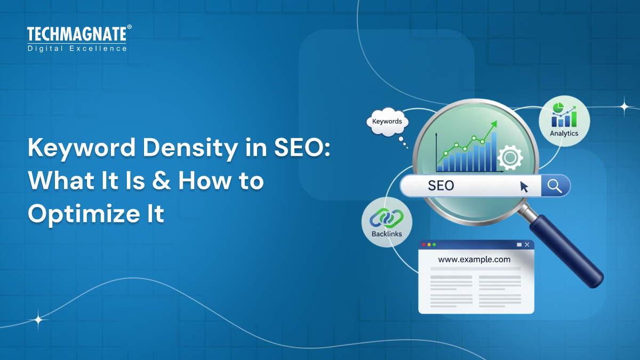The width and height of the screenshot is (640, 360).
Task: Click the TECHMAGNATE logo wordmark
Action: (77, 35)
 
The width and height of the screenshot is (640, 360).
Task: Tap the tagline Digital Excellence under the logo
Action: (77, 49)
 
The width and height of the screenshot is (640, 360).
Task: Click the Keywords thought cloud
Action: (387, 122)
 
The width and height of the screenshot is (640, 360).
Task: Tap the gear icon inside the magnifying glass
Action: (509, 157)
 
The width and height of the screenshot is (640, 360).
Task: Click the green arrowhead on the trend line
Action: (494, 124)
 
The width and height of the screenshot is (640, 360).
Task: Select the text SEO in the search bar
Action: (441, 186)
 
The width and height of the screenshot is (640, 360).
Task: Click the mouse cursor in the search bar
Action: (524, 186)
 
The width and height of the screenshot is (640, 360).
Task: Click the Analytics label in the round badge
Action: (564, 133)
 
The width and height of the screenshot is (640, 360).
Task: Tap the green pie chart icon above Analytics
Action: (558, 108)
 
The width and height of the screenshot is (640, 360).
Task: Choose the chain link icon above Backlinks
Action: (387, 217)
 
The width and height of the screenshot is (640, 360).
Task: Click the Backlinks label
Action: (387, 234)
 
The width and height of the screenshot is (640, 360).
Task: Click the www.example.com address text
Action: (474, 260)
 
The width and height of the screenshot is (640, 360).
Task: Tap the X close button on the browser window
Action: (527, 244)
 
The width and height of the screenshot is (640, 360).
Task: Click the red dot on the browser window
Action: (424, 244)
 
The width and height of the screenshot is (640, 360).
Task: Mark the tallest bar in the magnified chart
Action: (494, 151)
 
